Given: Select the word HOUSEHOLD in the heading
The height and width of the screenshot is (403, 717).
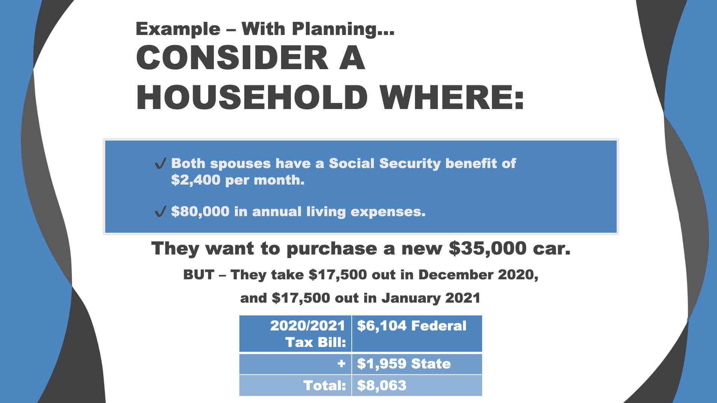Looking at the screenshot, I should (251, 97).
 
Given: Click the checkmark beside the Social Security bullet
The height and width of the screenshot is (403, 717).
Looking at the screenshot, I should (160, 164).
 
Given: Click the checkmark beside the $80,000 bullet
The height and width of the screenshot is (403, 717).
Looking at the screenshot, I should (160, 212).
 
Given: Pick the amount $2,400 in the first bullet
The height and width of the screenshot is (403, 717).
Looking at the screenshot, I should (195, 180).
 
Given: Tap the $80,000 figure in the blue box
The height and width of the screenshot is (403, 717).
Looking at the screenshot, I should (200, 212).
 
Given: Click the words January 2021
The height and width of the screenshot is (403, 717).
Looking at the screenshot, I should (431, 298).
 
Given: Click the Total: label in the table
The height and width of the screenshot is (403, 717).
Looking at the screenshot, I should (324, 386).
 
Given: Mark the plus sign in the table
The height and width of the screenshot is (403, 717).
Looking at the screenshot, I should (341, 364).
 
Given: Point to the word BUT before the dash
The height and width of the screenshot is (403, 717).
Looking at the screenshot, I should (198, 275).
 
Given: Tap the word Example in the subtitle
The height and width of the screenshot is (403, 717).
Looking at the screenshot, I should (178, 29).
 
